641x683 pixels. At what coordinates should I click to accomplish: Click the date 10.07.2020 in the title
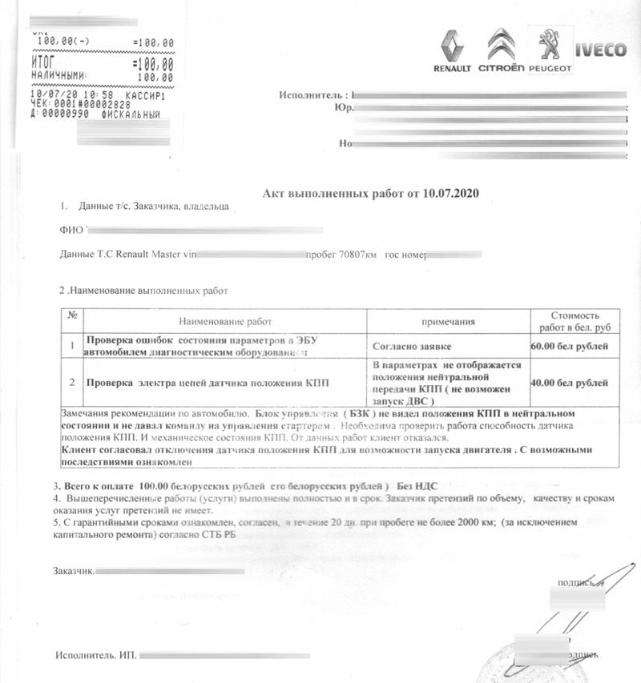coord(449,195)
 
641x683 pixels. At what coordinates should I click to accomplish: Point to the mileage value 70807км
coord(357,254)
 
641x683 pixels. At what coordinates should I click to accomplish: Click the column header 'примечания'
coord(449,321)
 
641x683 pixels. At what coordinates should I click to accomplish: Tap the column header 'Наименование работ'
coord(225,321)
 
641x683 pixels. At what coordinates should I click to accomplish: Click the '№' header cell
coord(72,315)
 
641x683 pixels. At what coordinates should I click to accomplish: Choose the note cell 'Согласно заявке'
coord(412,347)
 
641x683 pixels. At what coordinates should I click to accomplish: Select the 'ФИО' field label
coord(71,231)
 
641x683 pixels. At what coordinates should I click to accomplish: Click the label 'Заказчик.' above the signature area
coord(74,571)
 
